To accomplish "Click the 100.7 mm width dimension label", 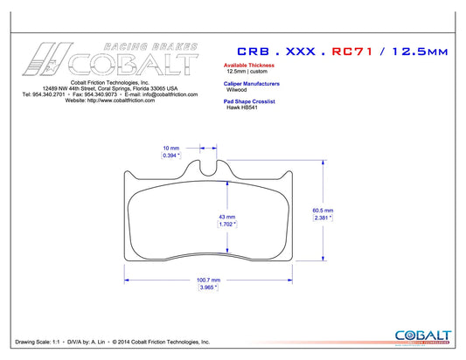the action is click(x=208, y=280).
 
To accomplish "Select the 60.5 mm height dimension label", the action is click(x=323, y=211).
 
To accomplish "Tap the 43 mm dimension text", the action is click(x=226, y=217).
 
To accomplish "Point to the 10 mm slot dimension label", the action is click(x=171, y=148).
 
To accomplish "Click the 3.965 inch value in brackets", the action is click(x=208, y=287).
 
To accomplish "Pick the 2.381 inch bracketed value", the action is click(x=323, y=218).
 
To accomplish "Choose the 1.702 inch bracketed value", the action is click(x=227, y=225).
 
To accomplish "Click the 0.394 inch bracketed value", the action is click(x=171, y=156).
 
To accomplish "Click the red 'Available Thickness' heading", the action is click(x=249, y=65).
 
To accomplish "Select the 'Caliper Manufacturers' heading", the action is click(x=252, y=84).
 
